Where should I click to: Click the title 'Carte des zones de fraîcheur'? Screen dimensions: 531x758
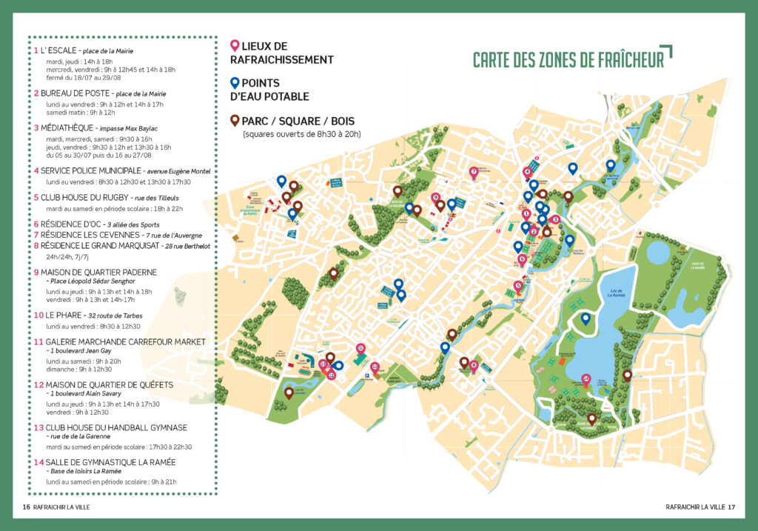point(568,60)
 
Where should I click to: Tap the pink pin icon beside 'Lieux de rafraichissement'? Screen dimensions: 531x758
point(235,46)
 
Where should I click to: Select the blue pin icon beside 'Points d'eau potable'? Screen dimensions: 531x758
point(235,83)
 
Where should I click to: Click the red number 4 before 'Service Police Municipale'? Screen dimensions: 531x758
point(36,170)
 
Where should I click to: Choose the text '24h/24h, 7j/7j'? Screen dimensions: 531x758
point(67,258)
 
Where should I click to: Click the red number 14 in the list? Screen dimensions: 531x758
point(38,461)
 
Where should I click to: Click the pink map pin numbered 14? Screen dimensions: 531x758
point(586,379)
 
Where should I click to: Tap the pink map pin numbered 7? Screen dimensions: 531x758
point(474,173)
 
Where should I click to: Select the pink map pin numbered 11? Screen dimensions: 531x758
point(360,348)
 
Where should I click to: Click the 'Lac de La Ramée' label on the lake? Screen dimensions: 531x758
point(610,293)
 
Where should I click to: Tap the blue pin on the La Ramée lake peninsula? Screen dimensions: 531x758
point(586,318)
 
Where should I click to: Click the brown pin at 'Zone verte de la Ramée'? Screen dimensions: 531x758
point(591,418)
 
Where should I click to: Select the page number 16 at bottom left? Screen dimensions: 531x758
point(26,507)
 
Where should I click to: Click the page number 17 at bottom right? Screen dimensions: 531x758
point(731,507)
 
